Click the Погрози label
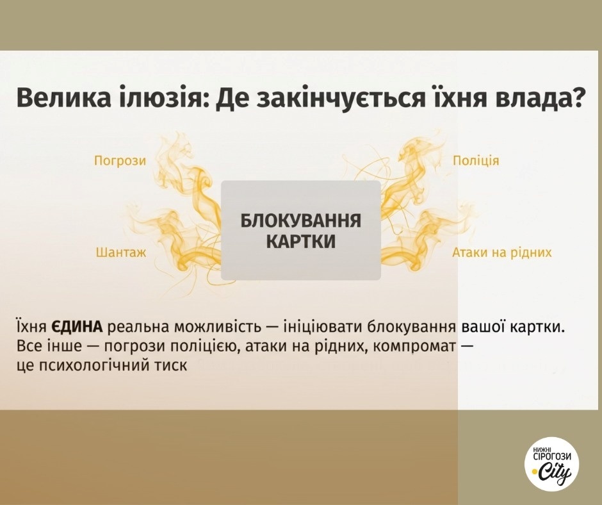[120, 160]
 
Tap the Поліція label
[476, 160]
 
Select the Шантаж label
[121, 252]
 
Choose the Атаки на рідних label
[502, 252]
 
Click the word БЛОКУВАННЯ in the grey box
[300, 221]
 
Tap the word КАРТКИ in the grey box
[300, 242]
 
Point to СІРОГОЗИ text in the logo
[552, 456]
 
